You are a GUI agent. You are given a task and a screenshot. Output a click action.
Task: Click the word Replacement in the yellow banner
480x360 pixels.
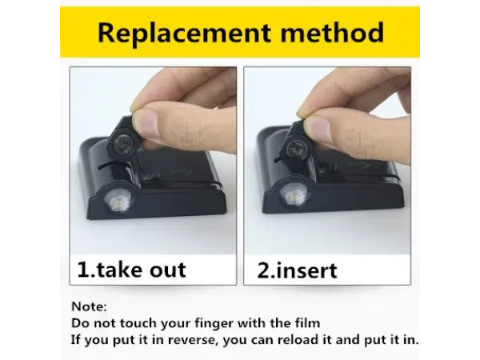click(x=185, y=33)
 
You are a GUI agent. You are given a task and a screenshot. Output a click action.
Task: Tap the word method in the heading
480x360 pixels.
click(x=332, y=32)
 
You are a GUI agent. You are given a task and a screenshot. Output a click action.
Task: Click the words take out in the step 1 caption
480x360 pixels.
click(x=141, y=270)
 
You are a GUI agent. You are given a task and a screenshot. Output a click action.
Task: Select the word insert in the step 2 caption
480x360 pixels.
click(x=306, y=270)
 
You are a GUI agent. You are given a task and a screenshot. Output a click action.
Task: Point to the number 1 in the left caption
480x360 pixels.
click(x=82, y=270)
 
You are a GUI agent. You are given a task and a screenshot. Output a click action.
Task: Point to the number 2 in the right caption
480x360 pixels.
click(x=263, y=270)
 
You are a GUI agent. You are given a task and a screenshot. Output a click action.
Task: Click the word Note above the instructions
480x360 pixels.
click(x=87, y=306)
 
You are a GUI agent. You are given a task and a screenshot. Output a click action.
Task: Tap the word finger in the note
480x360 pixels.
click(x=214, y=323)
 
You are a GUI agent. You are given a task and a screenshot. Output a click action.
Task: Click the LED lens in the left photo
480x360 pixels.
click(x=118, y=202)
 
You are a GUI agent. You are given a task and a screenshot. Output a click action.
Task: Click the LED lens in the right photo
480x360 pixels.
click(x=291, y=197)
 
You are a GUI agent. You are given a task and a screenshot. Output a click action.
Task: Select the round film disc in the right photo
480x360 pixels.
click(x=296, y=147)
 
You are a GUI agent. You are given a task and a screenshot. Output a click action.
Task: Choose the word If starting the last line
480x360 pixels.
click(x=76, y=340)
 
